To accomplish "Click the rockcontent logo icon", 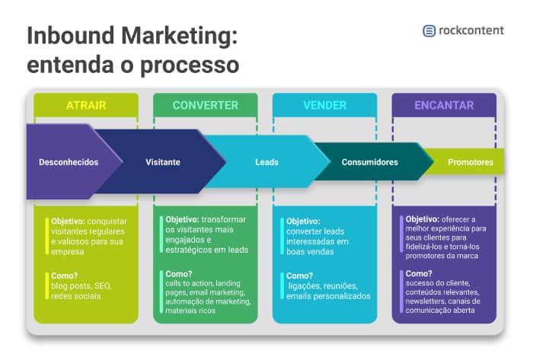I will point(429,31).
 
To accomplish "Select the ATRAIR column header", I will point(86,105).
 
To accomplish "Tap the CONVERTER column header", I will point(205,105).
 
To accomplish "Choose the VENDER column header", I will point(324,105).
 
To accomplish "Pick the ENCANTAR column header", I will point(444,105).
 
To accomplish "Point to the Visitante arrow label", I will point(163,162).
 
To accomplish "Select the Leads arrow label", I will point(266,162).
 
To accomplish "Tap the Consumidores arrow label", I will point(369,162).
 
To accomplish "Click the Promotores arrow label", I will point(470,162).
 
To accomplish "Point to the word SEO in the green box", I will point(102,285).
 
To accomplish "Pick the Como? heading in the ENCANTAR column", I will point(420,273).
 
